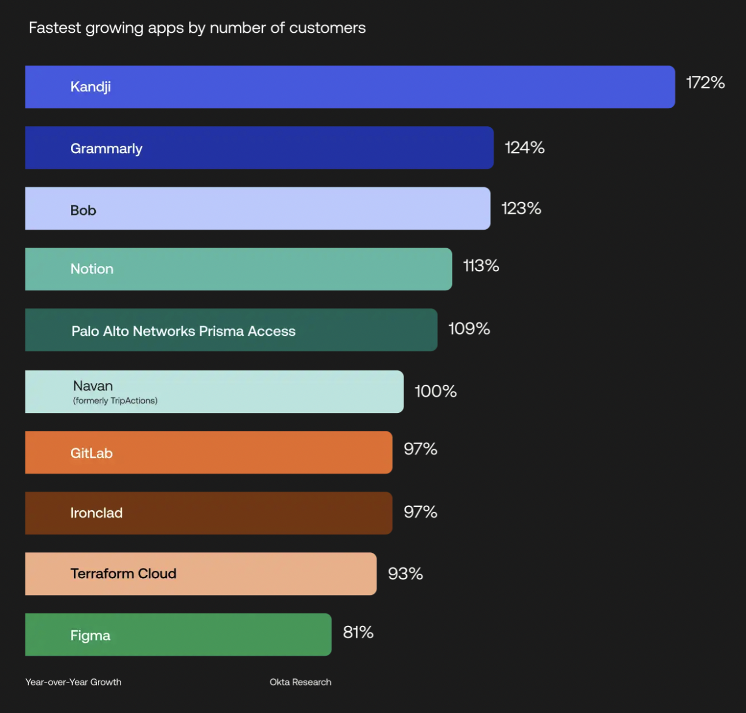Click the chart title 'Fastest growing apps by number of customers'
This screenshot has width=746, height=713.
click(197, 28)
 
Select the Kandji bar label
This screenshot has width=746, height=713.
click(91, 87)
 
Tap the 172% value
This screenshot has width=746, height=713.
click(705, 83)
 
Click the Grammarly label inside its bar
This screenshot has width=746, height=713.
click(106, 149)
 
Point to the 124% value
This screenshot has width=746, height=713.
click(525, 148)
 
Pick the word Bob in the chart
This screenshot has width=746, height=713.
click(83, 210)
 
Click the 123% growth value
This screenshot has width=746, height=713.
click(521, 208)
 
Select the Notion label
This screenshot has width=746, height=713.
click(92, 269)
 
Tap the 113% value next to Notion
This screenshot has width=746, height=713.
click(481, 266)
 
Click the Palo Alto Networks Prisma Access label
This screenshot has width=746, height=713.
click(183, 331)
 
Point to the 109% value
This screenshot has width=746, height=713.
click(469, 329)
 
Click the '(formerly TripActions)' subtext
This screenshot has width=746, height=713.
click(115, 401)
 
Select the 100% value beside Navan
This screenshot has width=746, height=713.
click(435, 392)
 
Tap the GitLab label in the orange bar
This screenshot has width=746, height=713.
click(91, 453)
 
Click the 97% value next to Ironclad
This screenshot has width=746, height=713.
click(420, 512)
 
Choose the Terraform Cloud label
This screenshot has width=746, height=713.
click(123, 574)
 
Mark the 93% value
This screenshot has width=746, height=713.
click(405, 574)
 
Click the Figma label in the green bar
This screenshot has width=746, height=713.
click(90, 635)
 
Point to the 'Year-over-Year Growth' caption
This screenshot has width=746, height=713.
click(73, 682)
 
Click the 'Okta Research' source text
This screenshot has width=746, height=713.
click(300, 682)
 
